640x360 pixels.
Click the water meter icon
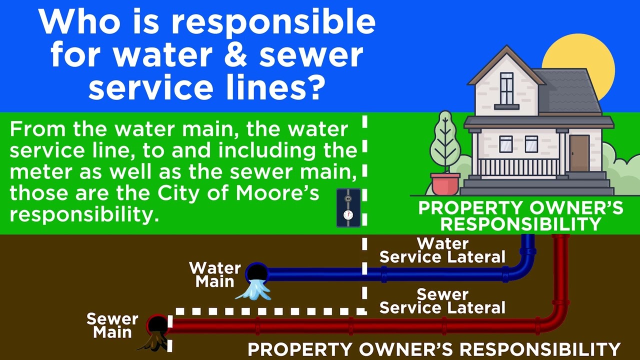(x=348, y=207)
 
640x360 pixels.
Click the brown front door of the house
(x=579, y=153)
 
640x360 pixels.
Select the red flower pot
(x=445, y=184)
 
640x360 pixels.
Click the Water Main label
(x=215, y=274)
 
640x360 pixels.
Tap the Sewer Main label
(x=112, y=325)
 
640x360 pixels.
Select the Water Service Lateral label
(x=442, y=250)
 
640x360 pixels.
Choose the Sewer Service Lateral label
(x=442, y=300)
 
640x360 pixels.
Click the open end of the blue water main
(x=257, y=272)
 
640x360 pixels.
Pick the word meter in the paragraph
(x=37, y=171)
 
